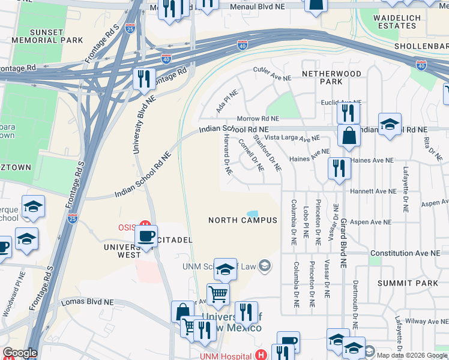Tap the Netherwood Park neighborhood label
pyautogui.click(x=331, y=77)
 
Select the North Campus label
pyautogui.click(x=243, y=220)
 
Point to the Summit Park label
pyautogui.click(x=400, y=283)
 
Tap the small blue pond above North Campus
pyautogui.click(x=253, y=214)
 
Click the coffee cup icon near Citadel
pyautogui.click(x=147, y=236)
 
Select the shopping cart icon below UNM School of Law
pyautogui.click(x=218, y=294)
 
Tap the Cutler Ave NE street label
pyautogui.click(x=272, y=74)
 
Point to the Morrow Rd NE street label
pyautogui.click(x=258, y=119)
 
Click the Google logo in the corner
pyautogui.click(x=20, y=353)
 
